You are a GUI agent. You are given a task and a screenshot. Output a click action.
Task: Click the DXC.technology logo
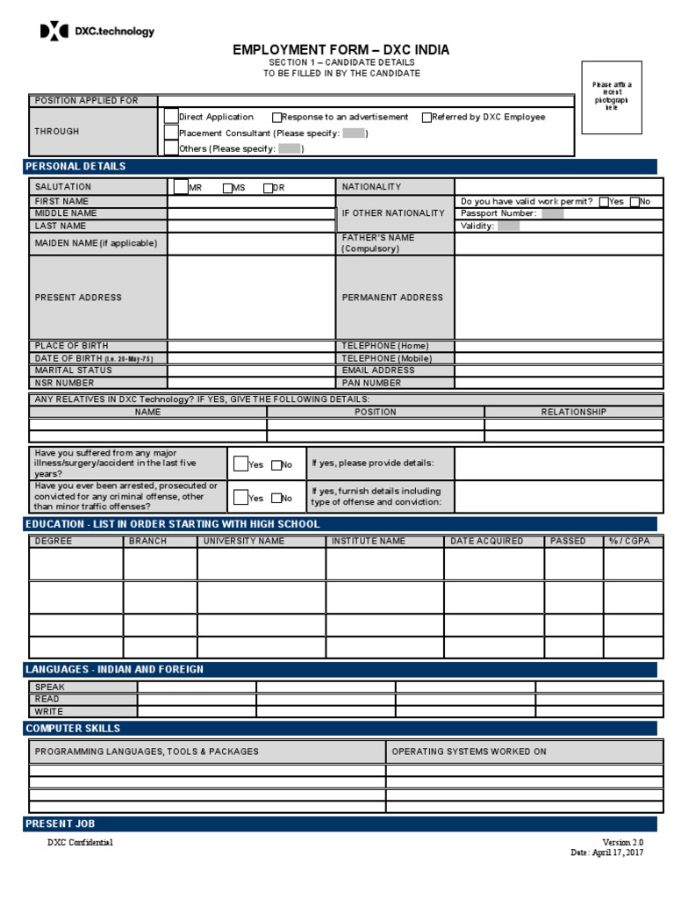97,32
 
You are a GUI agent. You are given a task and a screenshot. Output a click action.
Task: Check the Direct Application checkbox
171,116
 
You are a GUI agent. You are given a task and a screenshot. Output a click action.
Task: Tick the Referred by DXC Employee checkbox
427,117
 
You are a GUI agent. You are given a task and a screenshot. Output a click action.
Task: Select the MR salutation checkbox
180,187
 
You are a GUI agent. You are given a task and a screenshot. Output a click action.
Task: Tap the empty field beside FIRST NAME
251,201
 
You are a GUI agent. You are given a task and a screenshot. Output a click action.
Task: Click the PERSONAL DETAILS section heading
75,167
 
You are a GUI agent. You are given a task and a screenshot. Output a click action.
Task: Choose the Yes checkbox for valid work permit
604,201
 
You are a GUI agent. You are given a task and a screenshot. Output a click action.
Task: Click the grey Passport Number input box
552,213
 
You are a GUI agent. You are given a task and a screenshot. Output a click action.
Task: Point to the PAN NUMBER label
371,383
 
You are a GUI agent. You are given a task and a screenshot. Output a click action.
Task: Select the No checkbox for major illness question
276,465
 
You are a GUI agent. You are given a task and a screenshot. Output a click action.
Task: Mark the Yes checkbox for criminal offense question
240,498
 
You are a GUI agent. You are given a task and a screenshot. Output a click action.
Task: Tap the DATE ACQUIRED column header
486,541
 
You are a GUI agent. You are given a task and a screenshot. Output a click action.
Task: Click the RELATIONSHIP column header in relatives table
573,412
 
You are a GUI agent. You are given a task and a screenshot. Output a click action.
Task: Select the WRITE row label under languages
49,711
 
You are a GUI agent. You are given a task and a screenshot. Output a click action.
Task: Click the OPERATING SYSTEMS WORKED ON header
469,752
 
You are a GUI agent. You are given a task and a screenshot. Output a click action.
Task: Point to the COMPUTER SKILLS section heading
74,729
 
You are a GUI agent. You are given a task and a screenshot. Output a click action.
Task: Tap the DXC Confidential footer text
80,843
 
